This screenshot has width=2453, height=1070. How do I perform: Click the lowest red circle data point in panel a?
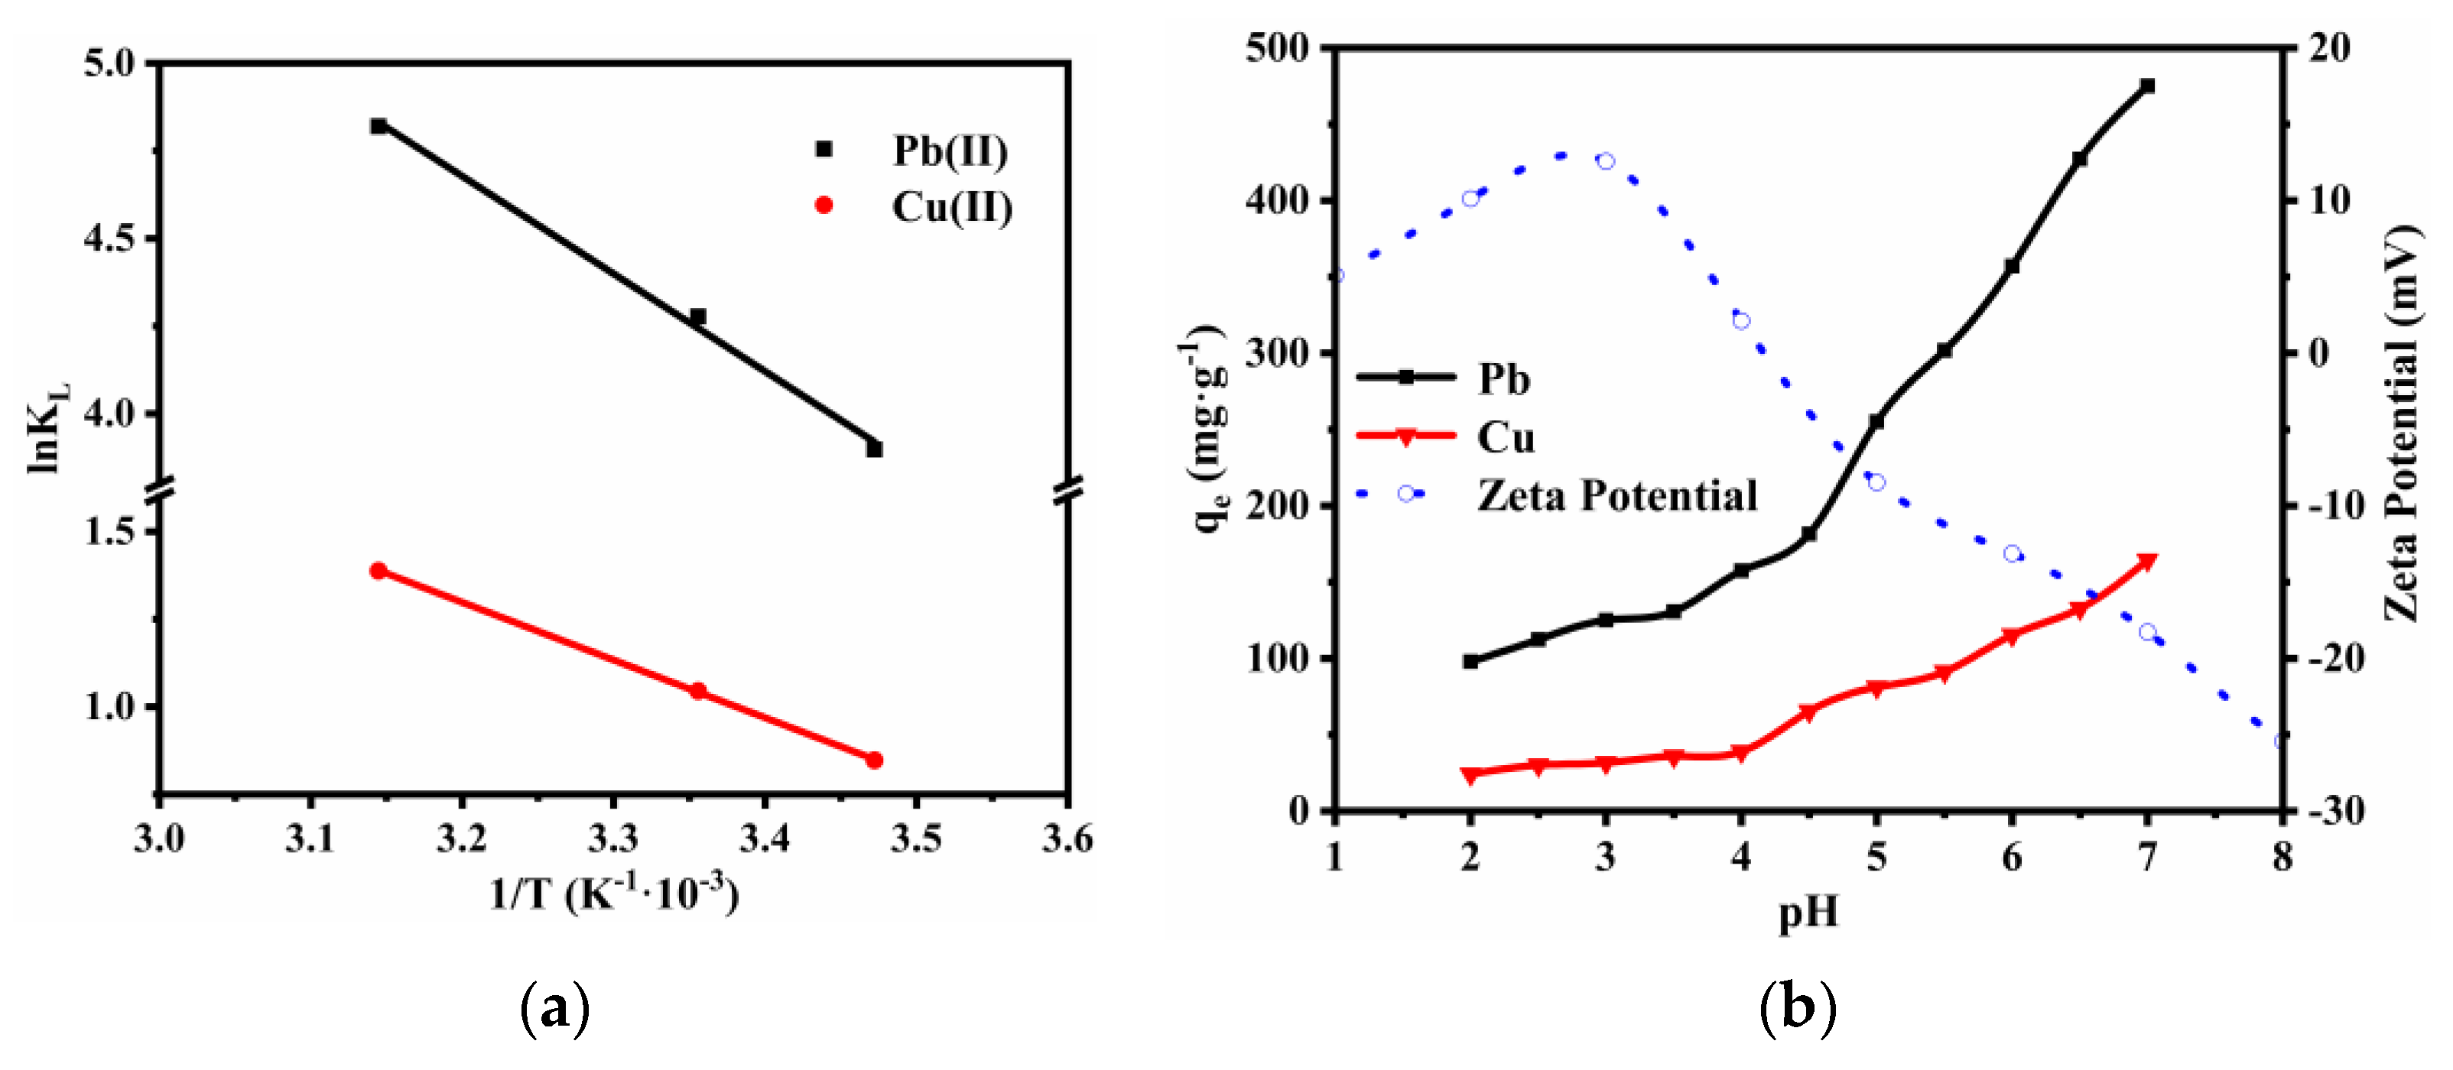point(874,760)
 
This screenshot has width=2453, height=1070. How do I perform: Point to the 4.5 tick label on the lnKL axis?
point(109,238)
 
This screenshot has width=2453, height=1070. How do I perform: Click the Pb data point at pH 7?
point(2147,86)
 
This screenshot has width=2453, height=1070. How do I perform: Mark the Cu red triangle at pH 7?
point(2147,563)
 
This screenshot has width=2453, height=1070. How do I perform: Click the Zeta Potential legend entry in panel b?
point(1615,495)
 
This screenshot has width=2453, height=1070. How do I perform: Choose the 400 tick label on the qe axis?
point(1277,200)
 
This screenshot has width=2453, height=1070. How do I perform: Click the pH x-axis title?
point(1808,912)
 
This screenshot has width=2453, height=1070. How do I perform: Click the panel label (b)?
point(1797,1007)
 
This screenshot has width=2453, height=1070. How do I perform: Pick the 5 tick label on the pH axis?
point(1876,858)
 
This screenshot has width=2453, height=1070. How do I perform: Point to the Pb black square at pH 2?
point(1470,660)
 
